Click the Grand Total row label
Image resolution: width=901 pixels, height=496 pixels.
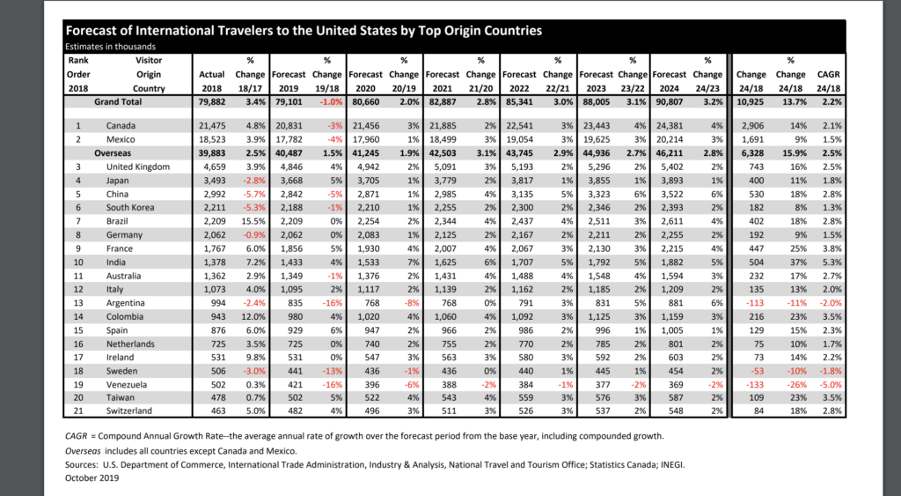point(118,102)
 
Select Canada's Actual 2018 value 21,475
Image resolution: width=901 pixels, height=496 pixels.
point(212,125)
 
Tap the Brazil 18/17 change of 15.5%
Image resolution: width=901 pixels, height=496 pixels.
point(253,221)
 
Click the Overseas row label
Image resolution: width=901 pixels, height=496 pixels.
point(113,153)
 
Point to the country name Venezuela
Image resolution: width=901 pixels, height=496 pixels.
point(127,384)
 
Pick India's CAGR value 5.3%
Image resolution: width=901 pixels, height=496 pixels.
point(831,263)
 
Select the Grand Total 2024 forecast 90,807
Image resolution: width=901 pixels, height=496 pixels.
point(670,102)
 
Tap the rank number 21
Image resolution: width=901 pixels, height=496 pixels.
point(78,411)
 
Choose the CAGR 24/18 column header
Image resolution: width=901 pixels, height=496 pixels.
point(829,81)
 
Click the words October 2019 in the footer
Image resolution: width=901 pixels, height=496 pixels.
point(92,477)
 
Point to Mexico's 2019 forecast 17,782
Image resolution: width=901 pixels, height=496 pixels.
point(289,139)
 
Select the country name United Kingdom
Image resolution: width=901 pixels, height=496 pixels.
point(138,167)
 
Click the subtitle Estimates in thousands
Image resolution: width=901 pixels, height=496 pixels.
point(110,47)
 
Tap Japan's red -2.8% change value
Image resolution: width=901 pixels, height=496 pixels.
point(253,181)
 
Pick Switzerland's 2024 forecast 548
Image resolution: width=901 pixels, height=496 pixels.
point(676,411)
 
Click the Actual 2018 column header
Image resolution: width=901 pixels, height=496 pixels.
point(211,81)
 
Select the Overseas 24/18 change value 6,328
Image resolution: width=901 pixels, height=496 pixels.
point(753,153)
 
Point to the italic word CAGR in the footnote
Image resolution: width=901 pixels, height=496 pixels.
point(76,436)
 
